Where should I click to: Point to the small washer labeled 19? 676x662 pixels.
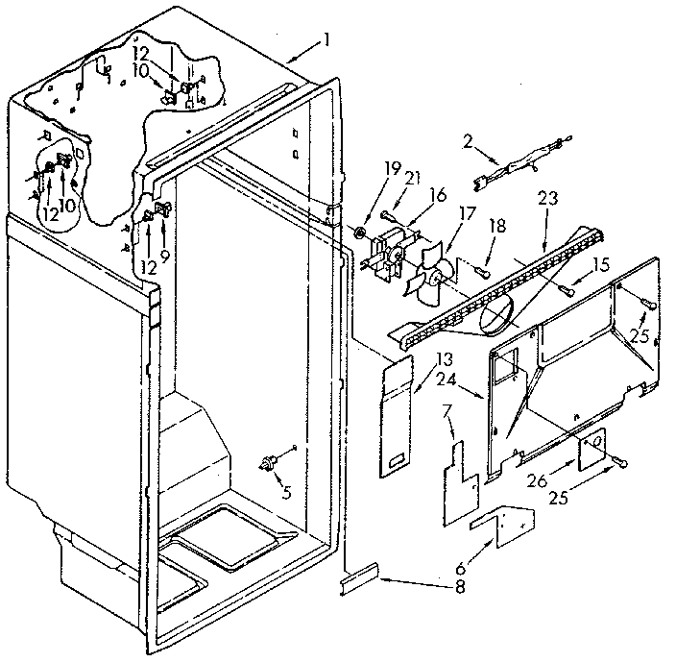point(357,233)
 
